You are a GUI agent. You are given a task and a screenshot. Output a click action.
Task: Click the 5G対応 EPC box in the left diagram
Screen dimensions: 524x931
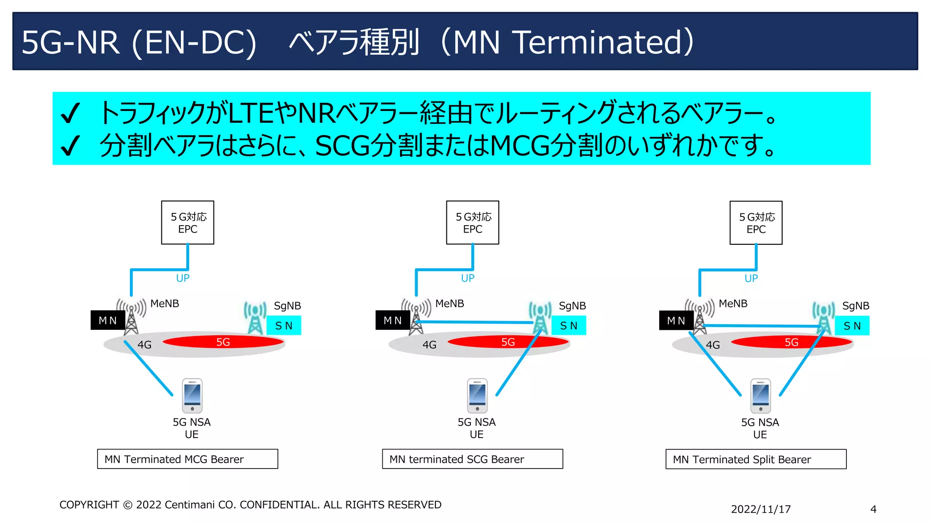click(x=187, y=222)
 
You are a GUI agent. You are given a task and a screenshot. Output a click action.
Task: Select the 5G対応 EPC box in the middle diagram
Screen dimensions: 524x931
click(x=472, y=222)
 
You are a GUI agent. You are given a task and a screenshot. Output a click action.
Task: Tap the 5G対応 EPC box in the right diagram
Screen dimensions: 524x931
click(x=756, y=223)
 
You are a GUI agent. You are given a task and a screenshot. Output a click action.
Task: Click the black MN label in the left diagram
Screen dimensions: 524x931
click(x=108, y=320)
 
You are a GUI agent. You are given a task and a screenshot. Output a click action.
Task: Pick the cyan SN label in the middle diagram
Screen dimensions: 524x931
click(x=569, y=326)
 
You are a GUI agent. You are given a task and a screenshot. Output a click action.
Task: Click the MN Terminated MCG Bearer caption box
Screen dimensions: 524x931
click(x=187, y=459)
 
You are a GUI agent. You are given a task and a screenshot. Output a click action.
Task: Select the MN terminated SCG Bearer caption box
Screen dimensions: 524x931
click(x=472, y=459)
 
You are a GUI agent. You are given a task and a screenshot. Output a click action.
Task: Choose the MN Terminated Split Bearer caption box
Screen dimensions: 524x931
click(x=756, y=459)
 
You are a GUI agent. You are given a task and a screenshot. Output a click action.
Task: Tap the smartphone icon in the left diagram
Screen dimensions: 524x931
click(x=192, y=395)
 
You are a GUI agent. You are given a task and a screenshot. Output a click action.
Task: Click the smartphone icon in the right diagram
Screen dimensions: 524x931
click(x=761, y=396)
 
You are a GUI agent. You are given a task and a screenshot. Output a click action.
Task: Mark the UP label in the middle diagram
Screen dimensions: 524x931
click(x=467, y=278)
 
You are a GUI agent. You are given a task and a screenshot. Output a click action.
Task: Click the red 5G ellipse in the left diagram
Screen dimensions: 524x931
click(x=223, y=342)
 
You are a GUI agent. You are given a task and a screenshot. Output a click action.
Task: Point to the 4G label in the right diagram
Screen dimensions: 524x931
click(x=712, y=345)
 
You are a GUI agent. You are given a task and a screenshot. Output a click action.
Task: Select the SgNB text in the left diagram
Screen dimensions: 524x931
click(x=287, y=306)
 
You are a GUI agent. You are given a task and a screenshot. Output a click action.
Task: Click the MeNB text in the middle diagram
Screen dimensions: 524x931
click(x=450, y=303)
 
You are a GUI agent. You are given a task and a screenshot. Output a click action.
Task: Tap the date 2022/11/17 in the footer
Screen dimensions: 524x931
click(x=761, y=509)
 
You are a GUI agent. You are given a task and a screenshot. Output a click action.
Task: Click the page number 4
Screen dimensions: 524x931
click(x=873, y=509)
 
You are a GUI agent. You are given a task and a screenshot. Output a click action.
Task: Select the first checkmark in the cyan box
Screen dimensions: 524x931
click(x=70, y=113)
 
